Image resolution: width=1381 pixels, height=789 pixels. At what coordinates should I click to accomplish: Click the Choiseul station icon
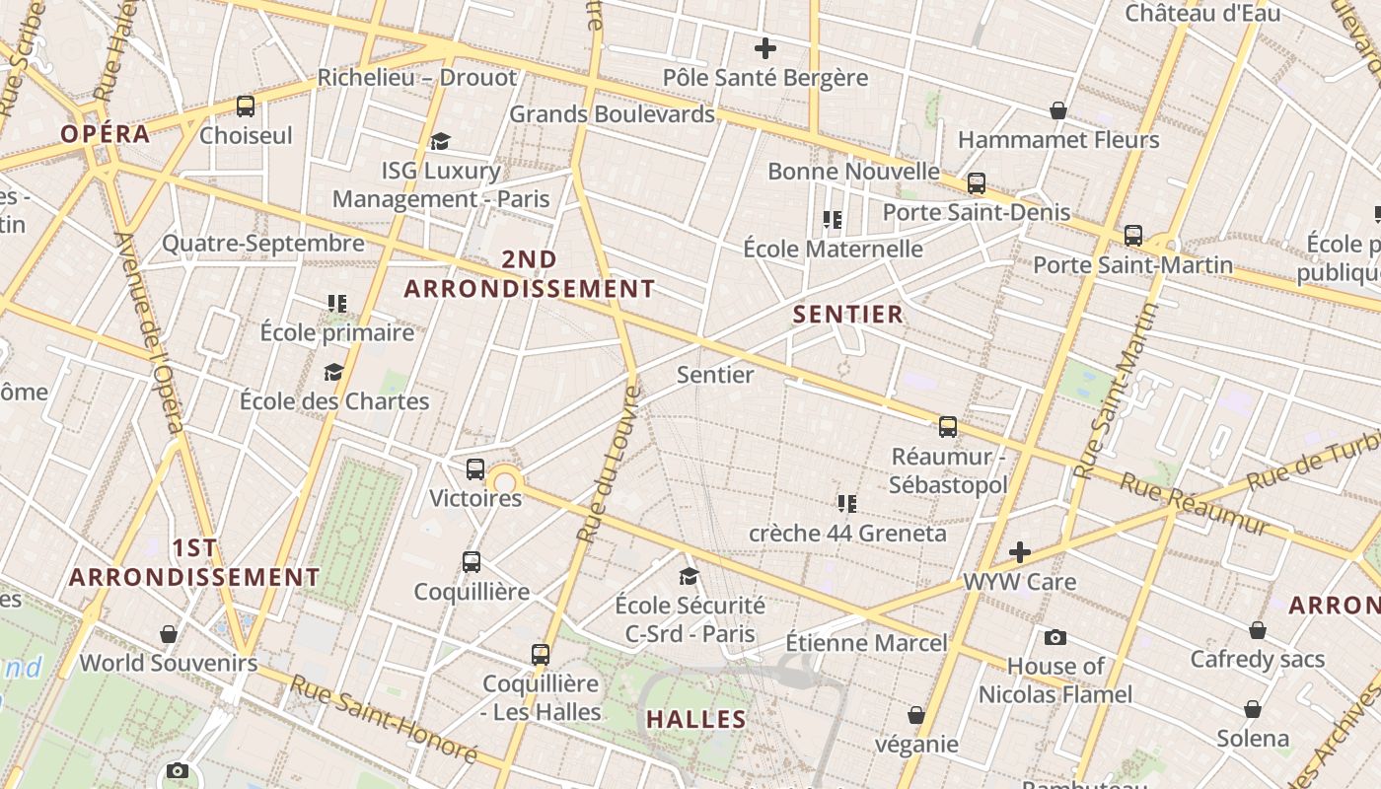pyautogui.click(x=246, y=106)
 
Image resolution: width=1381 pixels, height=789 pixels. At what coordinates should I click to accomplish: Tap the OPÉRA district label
pyautogui.click(x=106, y=134)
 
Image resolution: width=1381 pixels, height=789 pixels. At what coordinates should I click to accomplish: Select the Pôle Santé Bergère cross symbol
pyautogui.click(x=764, y=47)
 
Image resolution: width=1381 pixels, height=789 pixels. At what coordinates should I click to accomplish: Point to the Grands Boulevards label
pyautogui.click(x=612, y=114)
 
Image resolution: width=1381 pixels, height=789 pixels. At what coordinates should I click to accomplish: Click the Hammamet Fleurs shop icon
pyautogui.click(x=1058, y=110)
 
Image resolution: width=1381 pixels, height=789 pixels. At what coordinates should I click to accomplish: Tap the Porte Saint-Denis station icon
pyautogui.click(x=977, y=182)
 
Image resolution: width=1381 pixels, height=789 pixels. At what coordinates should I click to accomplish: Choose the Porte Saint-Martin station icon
pyautogui.click(x=1133, y=236)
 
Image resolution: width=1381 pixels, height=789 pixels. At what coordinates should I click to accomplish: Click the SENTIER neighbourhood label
pyautogui.click(x=848, y=315)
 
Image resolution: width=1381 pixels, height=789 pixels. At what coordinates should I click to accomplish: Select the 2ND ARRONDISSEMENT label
pyautogui.click(x=530, y=274)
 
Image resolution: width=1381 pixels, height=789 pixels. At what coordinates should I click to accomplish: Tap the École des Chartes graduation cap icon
pyautogui.click(x=333, y=372)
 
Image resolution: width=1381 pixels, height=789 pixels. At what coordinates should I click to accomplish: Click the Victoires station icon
pyautogui.click(x=475, y=469)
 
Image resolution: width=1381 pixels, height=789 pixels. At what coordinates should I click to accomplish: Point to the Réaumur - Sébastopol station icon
pyautogui.click(x=948, y=426)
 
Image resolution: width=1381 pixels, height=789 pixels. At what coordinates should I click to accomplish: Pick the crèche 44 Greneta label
pyautogui.click(x=847, y=534)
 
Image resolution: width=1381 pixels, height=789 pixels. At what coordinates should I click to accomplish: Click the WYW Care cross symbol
pyautogui.click(x=1020, y=552)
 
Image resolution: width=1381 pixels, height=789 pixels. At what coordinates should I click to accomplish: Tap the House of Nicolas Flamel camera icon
pyautogui.click(x=1055, y=637)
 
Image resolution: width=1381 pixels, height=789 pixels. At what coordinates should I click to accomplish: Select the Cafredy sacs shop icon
pyautogui.click(x=1258, y=630)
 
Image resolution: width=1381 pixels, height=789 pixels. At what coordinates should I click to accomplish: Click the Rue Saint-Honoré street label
pyautogui.click(x=384, y=718)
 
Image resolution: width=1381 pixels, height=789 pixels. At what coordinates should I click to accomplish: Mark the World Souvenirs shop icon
pyautogui.click(x=169, y=633)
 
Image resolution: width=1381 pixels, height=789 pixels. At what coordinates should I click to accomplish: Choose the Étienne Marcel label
pyautogui.click(x=866, y=643)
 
